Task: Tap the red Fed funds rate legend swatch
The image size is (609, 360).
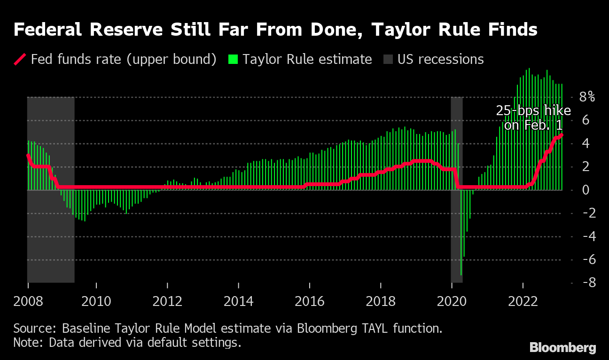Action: [x=21, y=60]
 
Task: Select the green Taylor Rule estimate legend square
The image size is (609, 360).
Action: [x=233, y=60]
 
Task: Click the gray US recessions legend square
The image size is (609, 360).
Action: [x=388, y=60]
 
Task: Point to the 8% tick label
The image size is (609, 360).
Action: [x=586, y=97]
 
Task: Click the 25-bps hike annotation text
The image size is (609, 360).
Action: [x=533, y=117]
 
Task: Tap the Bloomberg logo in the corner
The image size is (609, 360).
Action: [x=563, y=348]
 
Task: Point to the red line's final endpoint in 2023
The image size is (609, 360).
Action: [x=562, y=135]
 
